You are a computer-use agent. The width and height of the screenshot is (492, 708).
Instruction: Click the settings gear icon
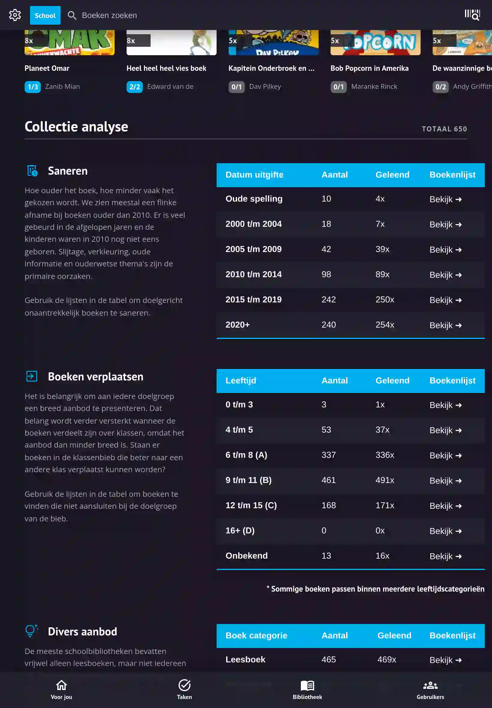[15, 15]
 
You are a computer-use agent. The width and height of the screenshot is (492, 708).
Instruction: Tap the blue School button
[45, 15]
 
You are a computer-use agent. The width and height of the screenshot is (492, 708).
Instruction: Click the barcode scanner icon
[472, 15]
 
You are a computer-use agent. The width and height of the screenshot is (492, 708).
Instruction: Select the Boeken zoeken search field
[109, 15]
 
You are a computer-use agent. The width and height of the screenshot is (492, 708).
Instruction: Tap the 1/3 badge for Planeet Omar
[33, 87]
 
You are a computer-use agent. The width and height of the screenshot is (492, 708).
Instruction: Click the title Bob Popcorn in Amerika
[369, 68]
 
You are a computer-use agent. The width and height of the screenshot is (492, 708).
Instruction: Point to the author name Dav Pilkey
[265, 87]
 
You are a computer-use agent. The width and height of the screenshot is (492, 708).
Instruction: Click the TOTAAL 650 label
[444, 129]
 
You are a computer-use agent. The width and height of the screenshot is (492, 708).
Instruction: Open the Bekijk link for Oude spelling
[445, 199]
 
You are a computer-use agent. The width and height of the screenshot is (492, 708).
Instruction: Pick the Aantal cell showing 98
[326, 274]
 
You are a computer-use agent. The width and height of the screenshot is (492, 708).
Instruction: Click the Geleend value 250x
[384, 300]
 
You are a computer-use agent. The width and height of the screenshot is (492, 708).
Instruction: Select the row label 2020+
[237, 325]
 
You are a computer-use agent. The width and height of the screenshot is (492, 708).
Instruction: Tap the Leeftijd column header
[241, 381]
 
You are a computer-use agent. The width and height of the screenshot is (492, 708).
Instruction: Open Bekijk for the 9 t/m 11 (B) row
[445, 481]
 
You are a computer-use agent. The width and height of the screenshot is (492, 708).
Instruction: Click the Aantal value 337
[328, 455]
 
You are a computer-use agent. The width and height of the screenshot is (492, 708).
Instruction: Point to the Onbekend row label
[246, 556]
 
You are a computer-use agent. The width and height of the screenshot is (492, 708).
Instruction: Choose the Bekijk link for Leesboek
[445, 660]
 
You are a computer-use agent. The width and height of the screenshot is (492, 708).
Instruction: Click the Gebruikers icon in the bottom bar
[430, 685]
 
